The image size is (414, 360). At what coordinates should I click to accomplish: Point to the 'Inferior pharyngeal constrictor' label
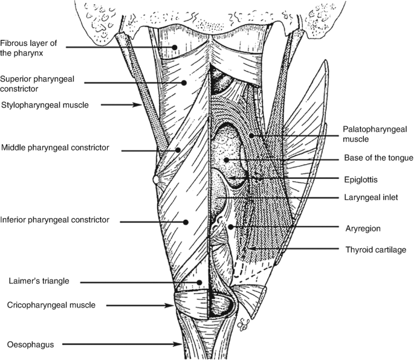pos(55,220)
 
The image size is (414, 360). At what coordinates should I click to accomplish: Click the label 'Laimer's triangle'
pos(38,280)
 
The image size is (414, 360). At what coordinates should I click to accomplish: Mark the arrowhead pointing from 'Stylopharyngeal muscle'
pos(141,104)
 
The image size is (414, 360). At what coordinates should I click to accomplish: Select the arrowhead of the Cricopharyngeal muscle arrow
pos(173,306)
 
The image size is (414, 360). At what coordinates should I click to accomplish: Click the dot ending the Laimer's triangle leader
pos(199,281)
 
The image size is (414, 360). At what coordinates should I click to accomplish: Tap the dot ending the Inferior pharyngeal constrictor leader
pos(187,222)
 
